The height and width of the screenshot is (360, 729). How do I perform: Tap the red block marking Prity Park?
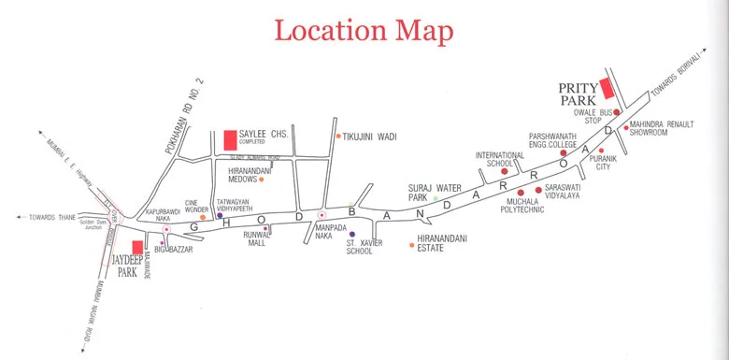(606, 89)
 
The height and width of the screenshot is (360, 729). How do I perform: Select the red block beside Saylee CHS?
(230, 141)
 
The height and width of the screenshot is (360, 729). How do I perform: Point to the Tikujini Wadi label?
(372, 137)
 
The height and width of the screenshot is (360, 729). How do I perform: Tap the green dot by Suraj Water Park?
(436, 199)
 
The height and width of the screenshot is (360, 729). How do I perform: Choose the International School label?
(494, 159)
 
